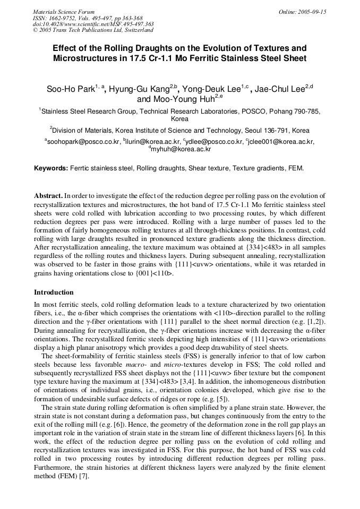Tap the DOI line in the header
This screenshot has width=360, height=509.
coord(93,24)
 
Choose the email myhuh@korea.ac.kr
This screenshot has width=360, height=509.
coord(181,150)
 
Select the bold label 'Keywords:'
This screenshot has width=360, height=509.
coord(51,168)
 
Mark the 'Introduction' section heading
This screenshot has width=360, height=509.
coord(54,292)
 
